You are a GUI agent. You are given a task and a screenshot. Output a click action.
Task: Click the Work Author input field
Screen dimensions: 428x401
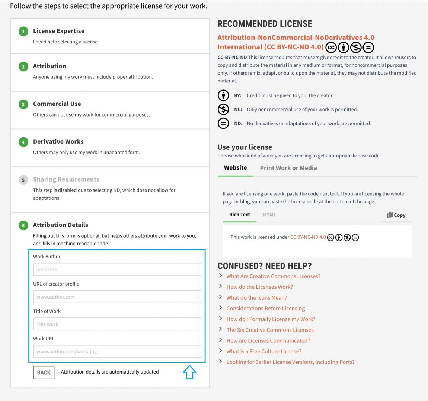pyautogui.click(x=117, y=270)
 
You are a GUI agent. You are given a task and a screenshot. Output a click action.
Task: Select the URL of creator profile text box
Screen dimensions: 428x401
pyautogui.click(x=117, y=297)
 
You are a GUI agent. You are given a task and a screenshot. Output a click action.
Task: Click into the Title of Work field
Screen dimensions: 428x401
pyautogui.click(x=117, y=324)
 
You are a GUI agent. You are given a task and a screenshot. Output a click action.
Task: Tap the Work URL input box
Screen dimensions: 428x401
pyautogui.click(x=117, y=351)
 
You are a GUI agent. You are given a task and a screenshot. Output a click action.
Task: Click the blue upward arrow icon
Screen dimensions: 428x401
pyautogui.click(x=189, y=372)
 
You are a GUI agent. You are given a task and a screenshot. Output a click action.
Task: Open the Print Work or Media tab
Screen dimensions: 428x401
pyautogui.click(x=288, y=168)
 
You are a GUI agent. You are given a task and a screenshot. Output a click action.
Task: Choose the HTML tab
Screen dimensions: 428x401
pyautogui.click(x=269, y=215)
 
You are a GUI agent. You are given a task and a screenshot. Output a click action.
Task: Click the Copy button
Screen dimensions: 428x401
pyautogui.click(x=396, y=215)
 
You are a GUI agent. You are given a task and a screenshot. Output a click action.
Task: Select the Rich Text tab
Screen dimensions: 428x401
pyautogui.click(x=239, y=215)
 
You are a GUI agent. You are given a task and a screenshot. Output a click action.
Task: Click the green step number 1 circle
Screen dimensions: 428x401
pyautogui.click(x=23, y=32)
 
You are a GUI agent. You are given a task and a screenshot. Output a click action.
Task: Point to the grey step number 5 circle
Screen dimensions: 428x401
pyautogui.click(x=23, y=180)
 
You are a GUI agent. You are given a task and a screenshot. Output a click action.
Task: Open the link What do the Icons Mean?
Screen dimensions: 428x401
pyautogui.click(x=257, y=297)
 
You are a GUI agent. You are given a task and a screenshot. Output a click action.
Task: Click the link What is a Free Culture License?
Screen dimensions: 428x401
pyautogui.click(x=264, y=351)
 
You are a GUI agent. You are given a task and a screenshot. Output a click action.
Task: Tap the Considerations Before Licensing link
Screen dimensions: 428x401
pyautogui.click(x=265, y=308)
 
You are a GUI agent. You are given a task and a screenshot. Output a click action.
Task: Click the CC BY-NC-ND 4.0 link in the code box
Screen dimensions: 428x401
pyautogui.click(x=308, y=237)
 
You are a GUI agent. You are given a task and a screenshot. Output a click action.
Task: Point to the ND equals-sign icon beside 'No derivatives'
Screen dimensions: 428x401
pyautogui.click(x=223, y=123)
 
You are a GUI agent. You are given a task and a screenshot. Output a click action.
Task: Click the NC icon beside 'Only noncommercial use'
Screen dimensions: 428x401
pyautogui.click(x=223, y=109)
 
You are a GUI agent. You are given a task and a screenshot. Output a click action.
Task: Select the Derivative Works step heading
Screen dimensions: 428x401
pyautogui.click(x=58, y=141)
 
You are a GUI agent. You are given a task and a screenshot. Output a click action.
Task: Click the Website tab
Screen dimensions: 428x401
pyautogui.click(x=235, y=168)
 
